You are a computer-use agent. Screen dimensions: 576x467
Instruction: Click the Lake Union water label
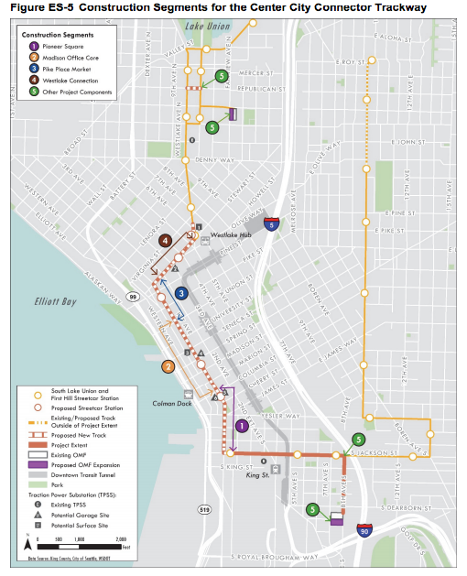207,26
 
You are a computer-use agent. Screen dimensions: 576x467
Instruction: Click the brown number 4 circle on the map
164,241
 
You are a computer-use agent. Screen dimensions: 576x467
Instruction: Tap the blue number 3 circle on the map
182,293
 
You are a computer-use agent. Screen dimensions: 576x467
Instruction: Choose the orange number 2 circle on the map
168,366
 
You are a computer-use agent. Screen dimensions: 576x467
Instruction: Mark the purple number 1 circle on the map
242,426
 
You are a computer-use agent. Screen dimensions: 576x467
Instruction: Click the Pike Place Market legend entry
66,68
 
